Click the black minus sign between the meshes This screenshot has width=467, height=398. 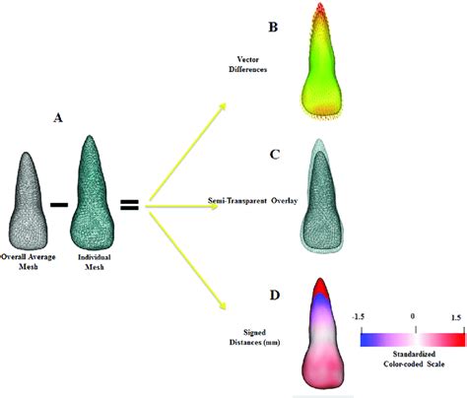click(x=59, y=205)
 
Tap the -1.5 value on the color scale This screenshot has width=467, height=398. click(x=361, y=319)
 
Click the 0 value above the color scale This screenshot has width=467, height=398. click(x=413, y=318)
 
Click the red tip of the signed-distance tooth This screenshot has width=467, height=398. click(x=322, y=288)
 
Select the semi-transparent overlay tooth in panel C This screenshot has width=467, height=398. click(x=322, y=202)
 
